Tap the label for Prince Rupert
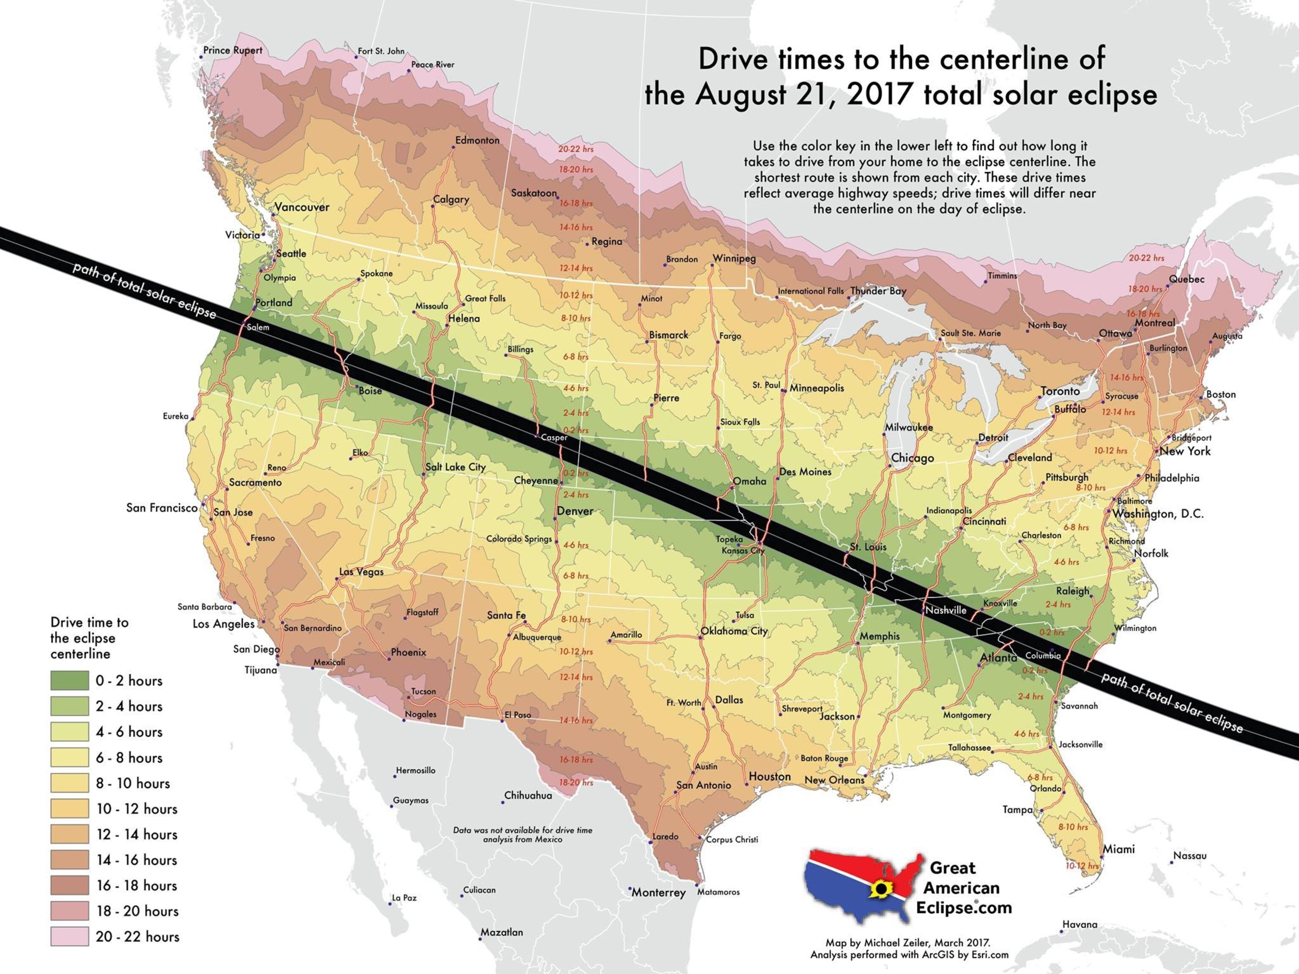[233, 50]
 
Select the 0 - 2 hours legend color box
[69, 681]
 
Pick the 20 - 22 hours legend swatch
[69, 936]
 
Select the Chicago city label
[912, 458]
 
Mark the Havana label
[1080, 925]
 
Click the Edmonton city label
[477, 140]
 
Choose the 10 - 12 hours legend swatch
[69, 808]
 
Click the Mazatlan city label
[501, 932]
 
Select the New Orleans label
[834, 780]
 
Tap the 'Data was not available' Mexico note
[522, 834]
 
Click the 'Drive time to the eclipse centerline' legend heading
[89, 637]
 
